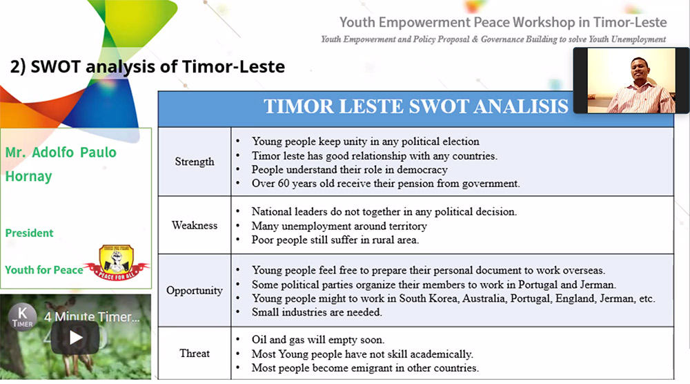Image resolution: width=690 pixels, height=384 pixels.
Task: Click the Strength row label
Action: [195, 162]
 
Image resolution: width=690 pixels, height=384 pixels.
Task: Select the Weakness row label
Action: [195, 225]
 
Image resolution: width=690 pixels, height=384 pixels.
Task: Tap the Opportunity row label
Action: [195, 291]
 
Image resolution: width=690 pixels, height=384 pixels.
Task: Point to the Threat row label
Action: [195, 353]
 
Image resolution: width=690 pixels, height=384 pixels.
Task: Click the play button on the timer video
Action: [75, 337]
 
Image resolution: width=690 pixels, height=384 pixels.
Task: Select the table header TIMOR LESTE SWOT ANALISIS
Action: [416, 106]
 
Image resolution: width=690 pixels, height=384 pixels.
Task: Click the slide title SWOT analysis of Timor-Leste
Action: [148, 66]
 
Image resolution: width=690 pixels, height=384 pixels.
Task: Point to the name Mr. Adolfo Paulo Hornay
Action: [61, 164]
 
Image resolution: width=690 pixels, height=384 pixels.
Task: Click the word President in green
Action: [29, 233]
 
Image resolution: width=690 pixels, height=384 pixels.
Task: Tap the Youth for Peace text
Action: [44, 269]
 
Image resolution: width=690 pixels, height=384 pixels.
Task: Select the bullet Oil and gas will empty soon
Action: [318, 340]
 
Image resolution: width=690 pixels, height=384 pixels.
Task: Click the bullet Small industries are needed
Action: [317, 311]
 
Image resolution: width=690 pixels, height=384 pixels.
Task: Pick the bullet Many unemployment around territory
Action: [339, 226]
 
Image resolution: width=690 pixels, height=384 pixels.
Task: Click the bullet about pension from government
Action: [386, 183]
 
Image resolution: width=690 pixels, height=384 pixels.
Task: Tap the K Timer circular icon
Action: [22, 316]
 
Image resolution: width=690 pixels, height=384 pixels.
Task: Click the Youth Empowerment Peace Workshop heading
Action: [503, 22]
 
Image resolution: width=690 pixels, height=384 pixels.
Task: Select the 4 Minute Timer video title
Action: [92, 316]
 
